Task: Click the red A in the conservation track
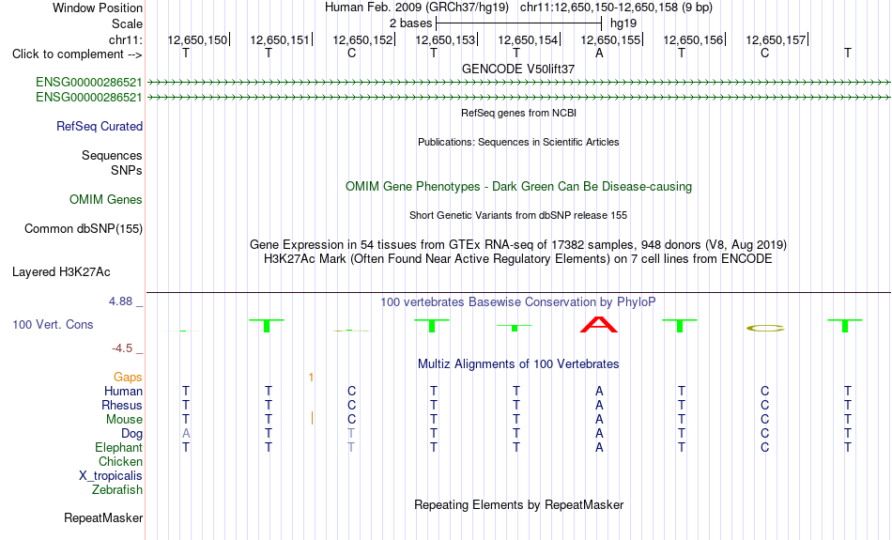[x=598, y=324]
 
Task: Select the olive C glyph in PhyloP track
[x=764, y=328]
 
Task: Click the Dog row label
[x=132, y=434]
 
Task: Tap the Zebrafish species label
[x=117, y=489]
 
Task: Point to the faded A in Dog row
[x=186, y=434]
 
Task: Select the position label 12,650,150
[x=197, y=39]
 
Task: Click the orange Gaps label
[x=128, y=378]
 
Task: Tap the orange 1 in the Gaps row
[x=311, y=378]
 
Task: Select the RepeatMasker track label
[x=103, y=517]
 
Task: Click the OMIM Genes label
[x=106, y=199]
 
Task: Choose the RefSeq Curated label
[x=100, y=127]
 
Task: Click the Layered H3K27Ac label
[x=61, y=272]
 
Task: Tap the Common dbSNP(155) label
[x=84, y=229]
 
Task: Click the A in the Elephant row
[x=599, y=448]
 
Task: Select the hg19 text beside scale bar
[x=623, y=23]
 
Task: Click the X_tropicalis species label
[x=111, y=476]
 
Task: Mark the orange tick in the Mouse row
[x=312, y=418]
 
